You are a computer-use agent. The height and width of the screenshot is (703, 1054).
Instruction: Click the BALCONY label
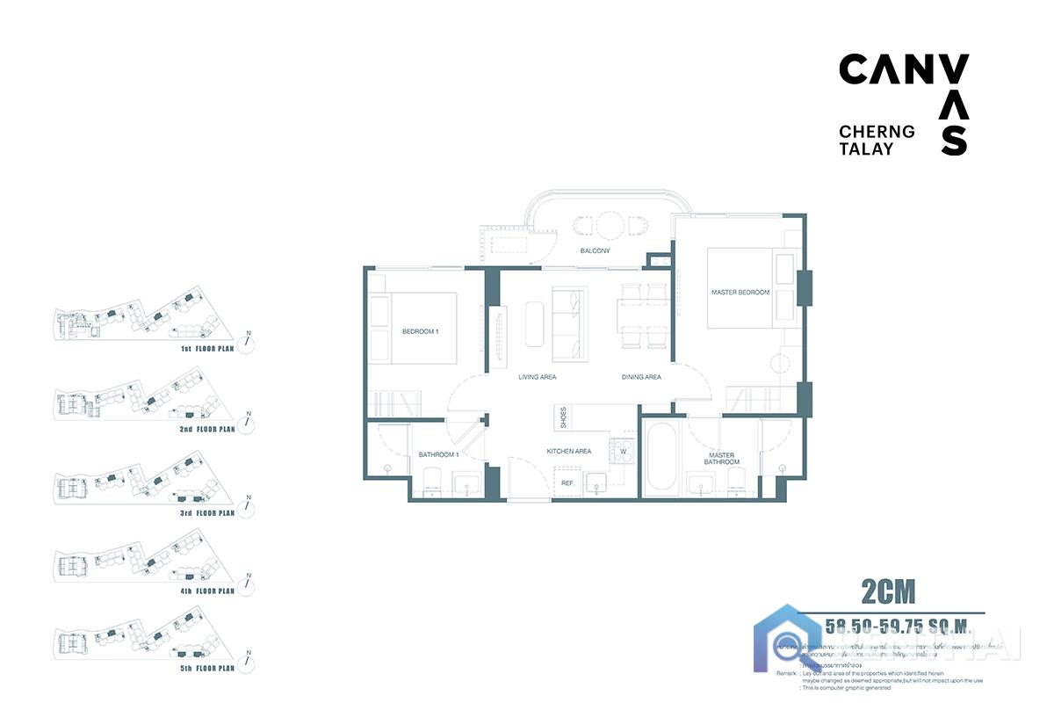[595, 251]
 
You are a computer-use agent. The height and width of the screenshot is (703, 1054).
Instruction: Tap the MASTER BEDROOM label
[740, 292]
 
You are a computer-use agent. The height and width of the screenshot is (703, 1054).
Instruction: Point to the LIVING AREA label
[537, 377]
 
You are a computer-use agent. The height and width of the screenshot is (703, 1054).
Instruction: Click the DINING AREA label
[641, 377]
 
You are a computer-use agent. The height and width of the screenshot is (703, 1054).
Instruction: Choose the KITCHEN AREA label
[568, 451]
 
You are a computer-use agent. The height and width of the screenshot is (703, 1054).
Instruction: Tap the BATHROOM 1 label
[439, 454]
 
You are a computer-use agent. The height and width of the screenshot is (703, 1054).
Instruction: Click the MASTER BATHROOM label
[721, 459]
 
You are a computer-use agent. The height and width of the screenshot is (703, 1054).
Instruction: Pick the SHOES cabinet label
[563, 417]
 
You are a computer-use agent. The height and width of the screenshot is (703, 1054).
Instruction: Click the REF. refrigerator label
[567, 482]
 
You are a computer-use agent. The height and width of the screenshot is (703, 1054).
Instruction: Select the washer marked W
[623, 452]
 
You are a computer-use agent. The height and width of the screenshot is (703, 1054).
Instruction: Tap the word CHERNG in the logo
[877, 132]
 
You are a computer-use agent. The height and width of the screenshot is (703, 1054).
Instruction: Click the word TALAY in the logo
[866, 149]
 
